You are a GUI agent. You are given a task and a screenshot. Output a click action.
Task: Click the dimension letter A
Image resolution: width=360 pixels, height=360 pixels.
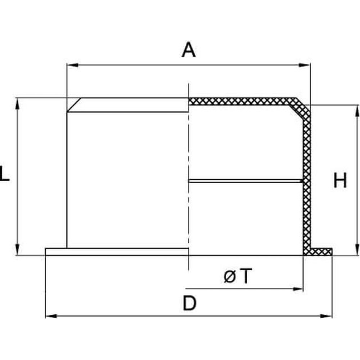click(x=189, y=50)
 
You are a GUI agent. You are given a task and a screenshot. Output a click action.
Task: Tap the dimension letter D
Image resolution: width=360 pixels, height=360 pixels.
click(x=189, y=303)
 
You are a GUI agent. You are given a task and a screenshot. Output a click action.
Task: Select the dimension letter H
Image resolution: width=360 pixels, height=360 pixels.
click(x=340, y=180)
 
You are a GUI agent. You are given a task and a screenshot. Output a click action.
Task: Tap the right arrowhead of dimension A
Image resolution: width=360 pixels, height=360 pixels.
click(x=304, y=65)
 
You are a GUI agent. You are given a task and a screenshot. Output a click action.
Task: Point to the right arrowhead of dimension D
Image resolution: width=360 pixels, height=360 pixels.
click(x=326, y=316)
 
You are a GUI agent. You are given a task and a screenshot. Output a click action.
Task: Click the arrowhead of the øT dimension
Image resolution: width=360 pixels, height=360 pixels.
click(x=298, y=289)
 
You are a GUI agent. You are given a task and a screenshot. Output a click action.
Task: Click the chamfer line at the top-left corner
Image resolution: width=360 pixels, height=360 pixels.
click(x=74, y=105)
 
